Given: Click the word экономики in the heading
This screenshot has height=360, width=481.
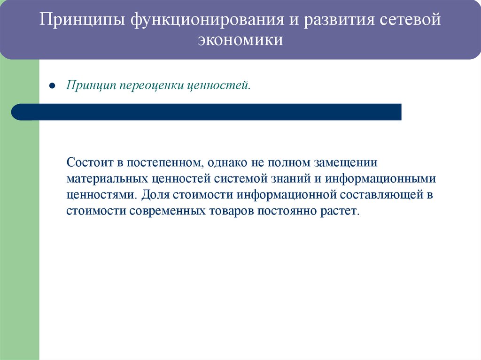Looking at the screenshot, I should [x=240, y=40].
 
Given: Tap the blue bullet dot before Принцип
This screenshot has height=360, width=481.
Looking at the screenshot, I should [x=53, y=87].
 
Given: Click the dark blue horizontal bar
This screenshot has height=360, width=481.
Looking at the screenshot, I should [x=207, y=112].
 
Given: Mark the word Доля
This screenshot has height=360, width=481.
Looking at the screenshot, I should [x=154, y=195].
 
